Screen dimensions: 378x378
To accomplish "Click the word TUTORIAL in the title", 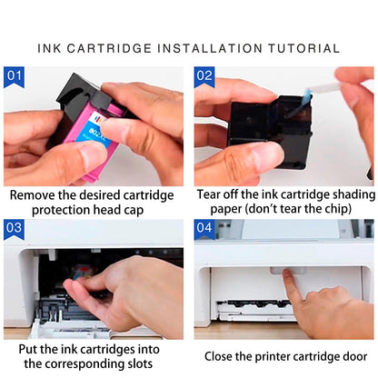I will tap(296, 48).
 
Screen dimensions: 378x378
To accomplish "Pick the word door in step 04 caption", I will tap(349, 356).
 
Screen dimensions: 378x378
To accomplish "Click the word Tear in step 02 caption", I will tap(212, 194).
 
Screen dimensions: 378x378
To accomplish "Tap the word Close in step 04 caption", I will tap(222, 356).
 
